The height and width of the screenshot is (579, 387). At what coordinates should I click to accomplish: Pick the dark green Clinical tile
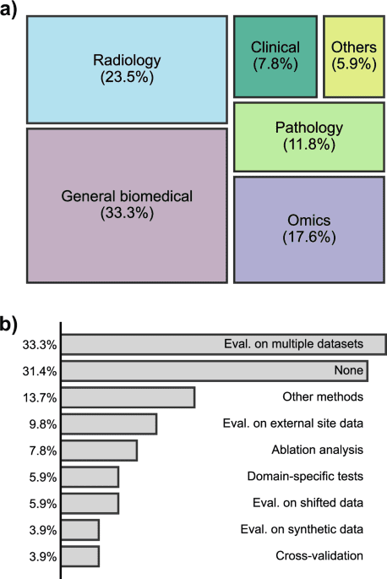coord(275,55)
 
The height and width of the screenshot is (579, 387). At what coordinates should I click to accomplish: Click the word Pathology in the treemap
coord(309,128)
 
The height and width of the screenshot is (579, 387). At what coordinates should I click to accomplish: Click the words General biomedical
coord(127,197)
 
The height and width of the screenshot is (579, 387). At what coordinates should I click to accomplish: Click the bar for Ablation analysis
coord(100,450)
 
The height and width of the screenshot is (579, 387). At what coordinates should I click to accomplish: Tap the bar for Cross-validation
coord(80,556)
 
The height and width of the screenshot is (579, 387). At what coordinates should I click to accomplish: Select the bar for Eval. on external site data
coord(109,423)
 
